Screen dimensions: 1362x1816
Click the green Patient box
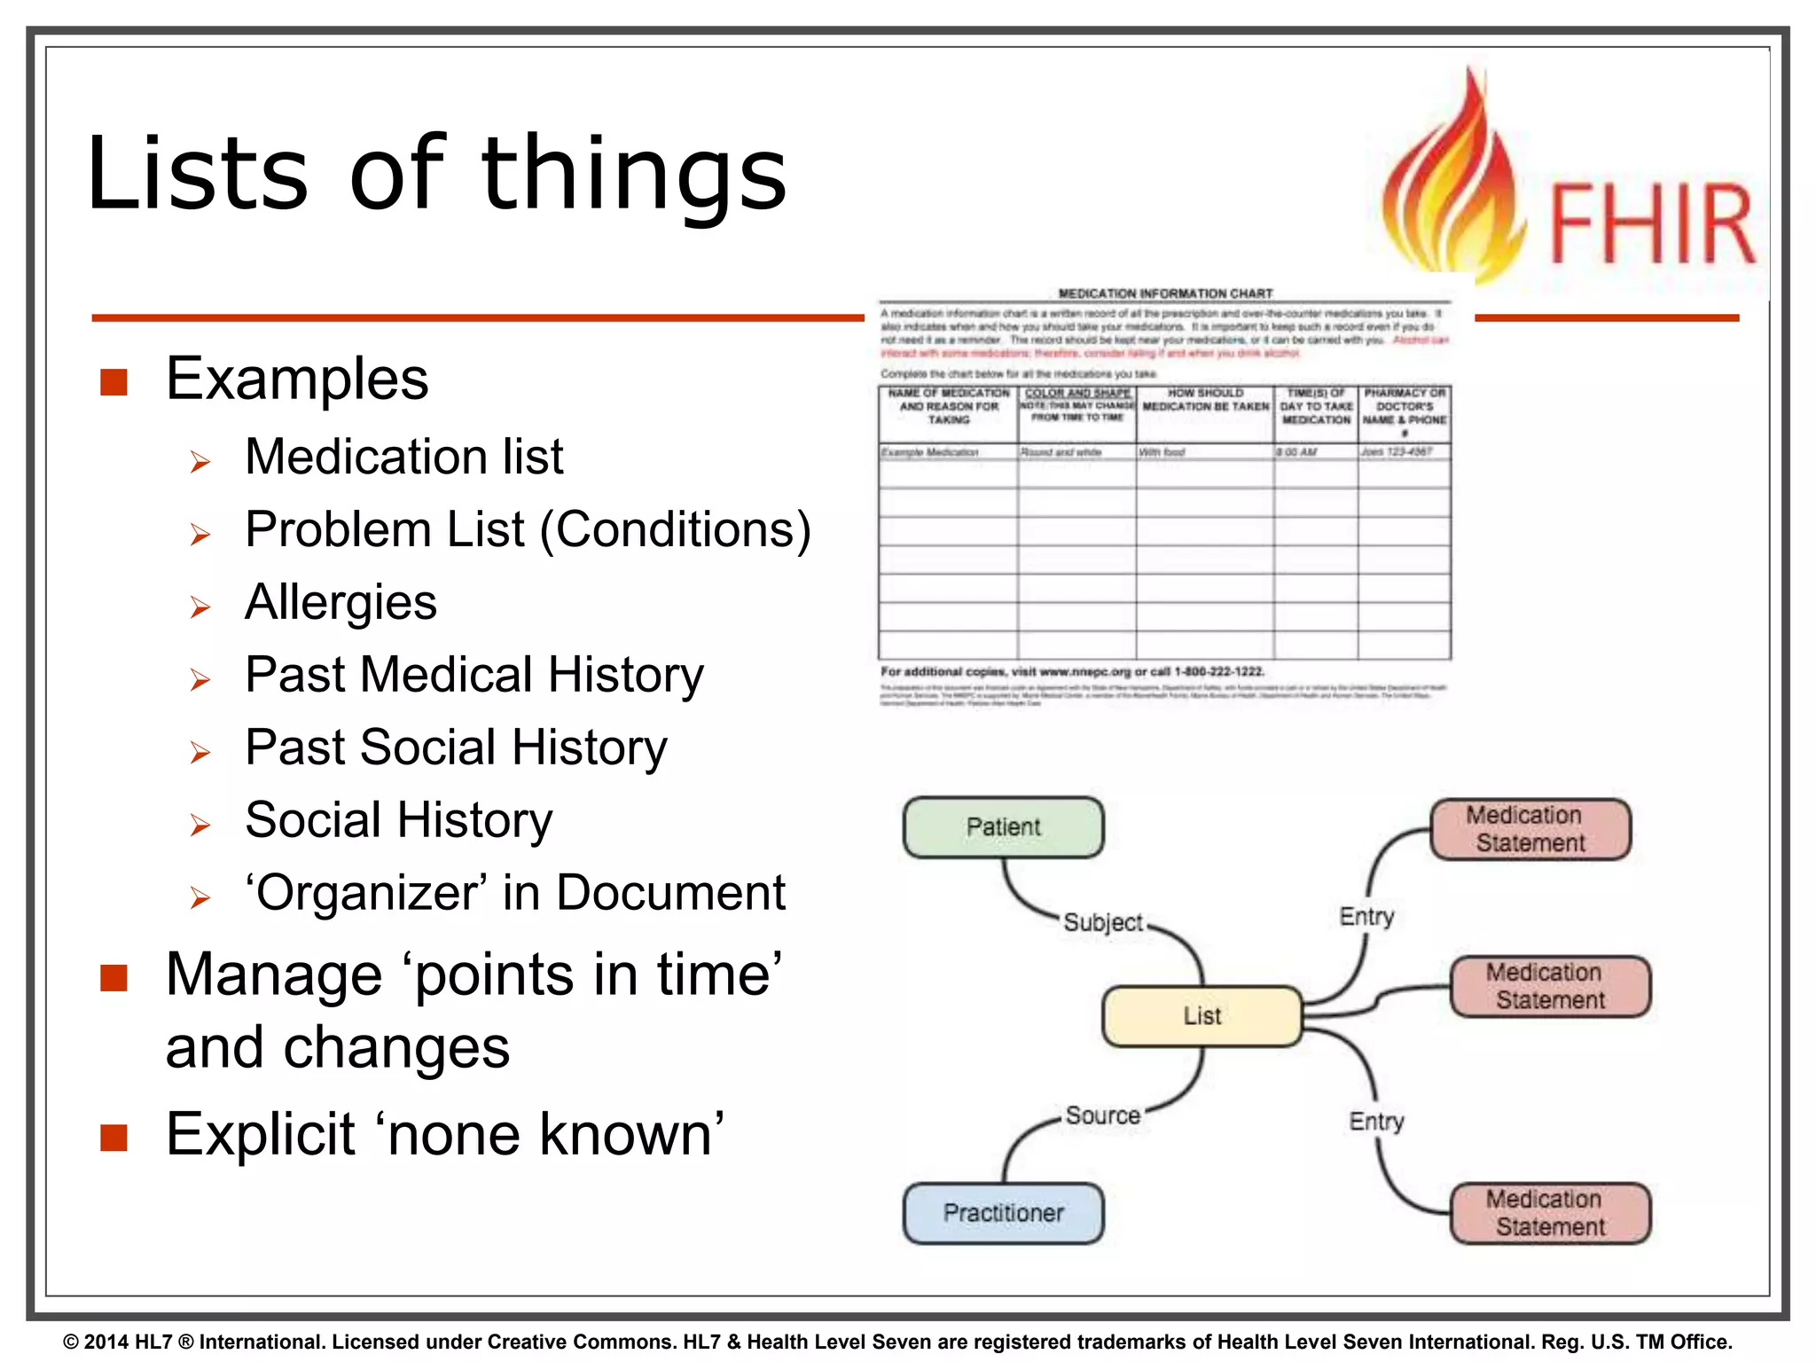1003,827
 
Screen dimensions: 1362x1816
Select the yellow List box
1202,1016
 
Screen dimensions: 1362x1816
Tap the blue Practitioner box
1003,1213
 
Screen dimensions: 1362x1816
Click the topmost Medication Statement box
1530,829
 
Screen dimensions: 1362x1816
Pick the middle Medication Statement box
1550,986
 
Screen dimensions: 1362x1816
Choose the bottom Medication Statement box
1550,1213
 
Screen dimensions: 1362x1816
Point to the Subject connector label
1103,922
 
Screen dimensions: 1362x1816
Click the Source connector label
1103,1115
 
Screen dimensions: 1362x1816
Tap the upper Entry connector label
1366,916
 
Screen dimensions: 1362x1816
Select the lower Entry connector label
1376,1121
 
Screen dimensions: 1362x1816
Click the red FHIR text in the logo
1651,223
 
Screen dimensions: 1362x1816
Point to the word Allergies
340,603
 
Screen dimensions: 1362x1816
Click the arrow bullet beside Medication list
200,462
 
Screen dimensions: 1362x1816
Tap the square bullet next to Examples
114,382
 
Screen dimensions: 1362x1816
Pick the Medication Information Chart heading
1165,294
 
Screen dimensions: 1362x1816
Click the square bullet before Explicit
114,1138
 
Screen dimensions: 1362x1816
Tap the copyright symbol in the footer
71,1342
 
